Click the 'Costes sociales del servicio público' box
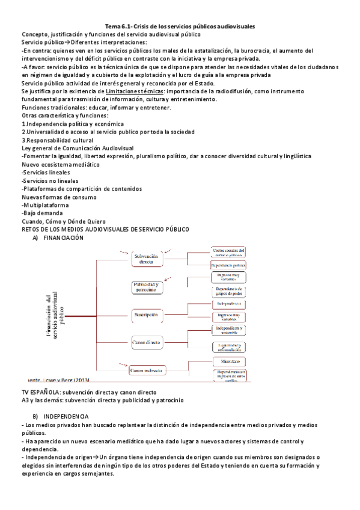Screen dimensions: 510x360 pos(228,253)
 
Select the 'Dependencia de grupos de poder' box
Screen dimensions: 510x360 pos(228,292)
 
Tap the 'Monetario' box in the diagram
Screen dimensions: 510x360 pos(228,361)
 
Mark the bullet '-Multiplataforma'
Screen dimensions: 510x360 pos(45,204)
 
